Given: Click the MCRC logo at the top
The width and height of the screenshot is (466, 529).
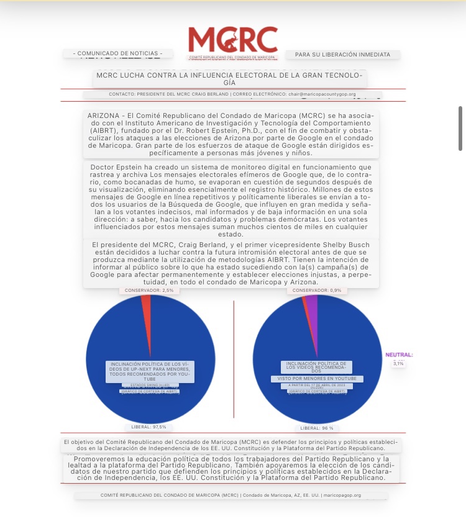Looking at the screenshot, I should pos(233,40).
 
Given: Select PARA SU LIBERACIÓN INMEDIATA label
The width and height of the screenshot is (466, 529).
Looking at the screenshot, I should pos(342,55).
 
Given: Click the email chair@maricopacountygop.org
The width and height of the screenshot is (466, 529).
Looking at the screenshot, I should pos(322,94).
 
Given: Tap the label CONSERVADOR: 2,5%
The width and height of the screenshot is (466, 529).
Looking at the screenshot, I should pos(144,290).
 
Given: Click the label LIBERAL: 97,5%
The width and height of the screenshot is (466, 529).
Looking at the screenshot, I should pos(148,427).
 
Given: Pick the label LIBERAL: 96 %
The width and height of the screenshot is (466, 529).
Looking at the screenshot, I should pos(316,428).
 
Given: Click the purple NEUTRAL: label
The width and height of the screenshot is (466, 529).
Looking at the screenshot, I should pos(398,355).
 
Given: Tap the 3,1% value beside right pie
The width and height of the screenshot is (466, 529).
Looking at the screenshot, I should pos(398,364).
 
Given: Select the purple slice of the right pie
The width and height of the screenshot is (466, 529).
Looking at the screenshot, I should pos(312,307).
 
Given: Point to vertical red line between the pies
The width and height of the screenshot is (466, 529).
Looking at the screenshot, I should pos(234,360).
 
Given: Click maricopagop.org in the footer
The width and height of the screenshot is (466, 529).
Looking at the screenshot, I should pos(342,495).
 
